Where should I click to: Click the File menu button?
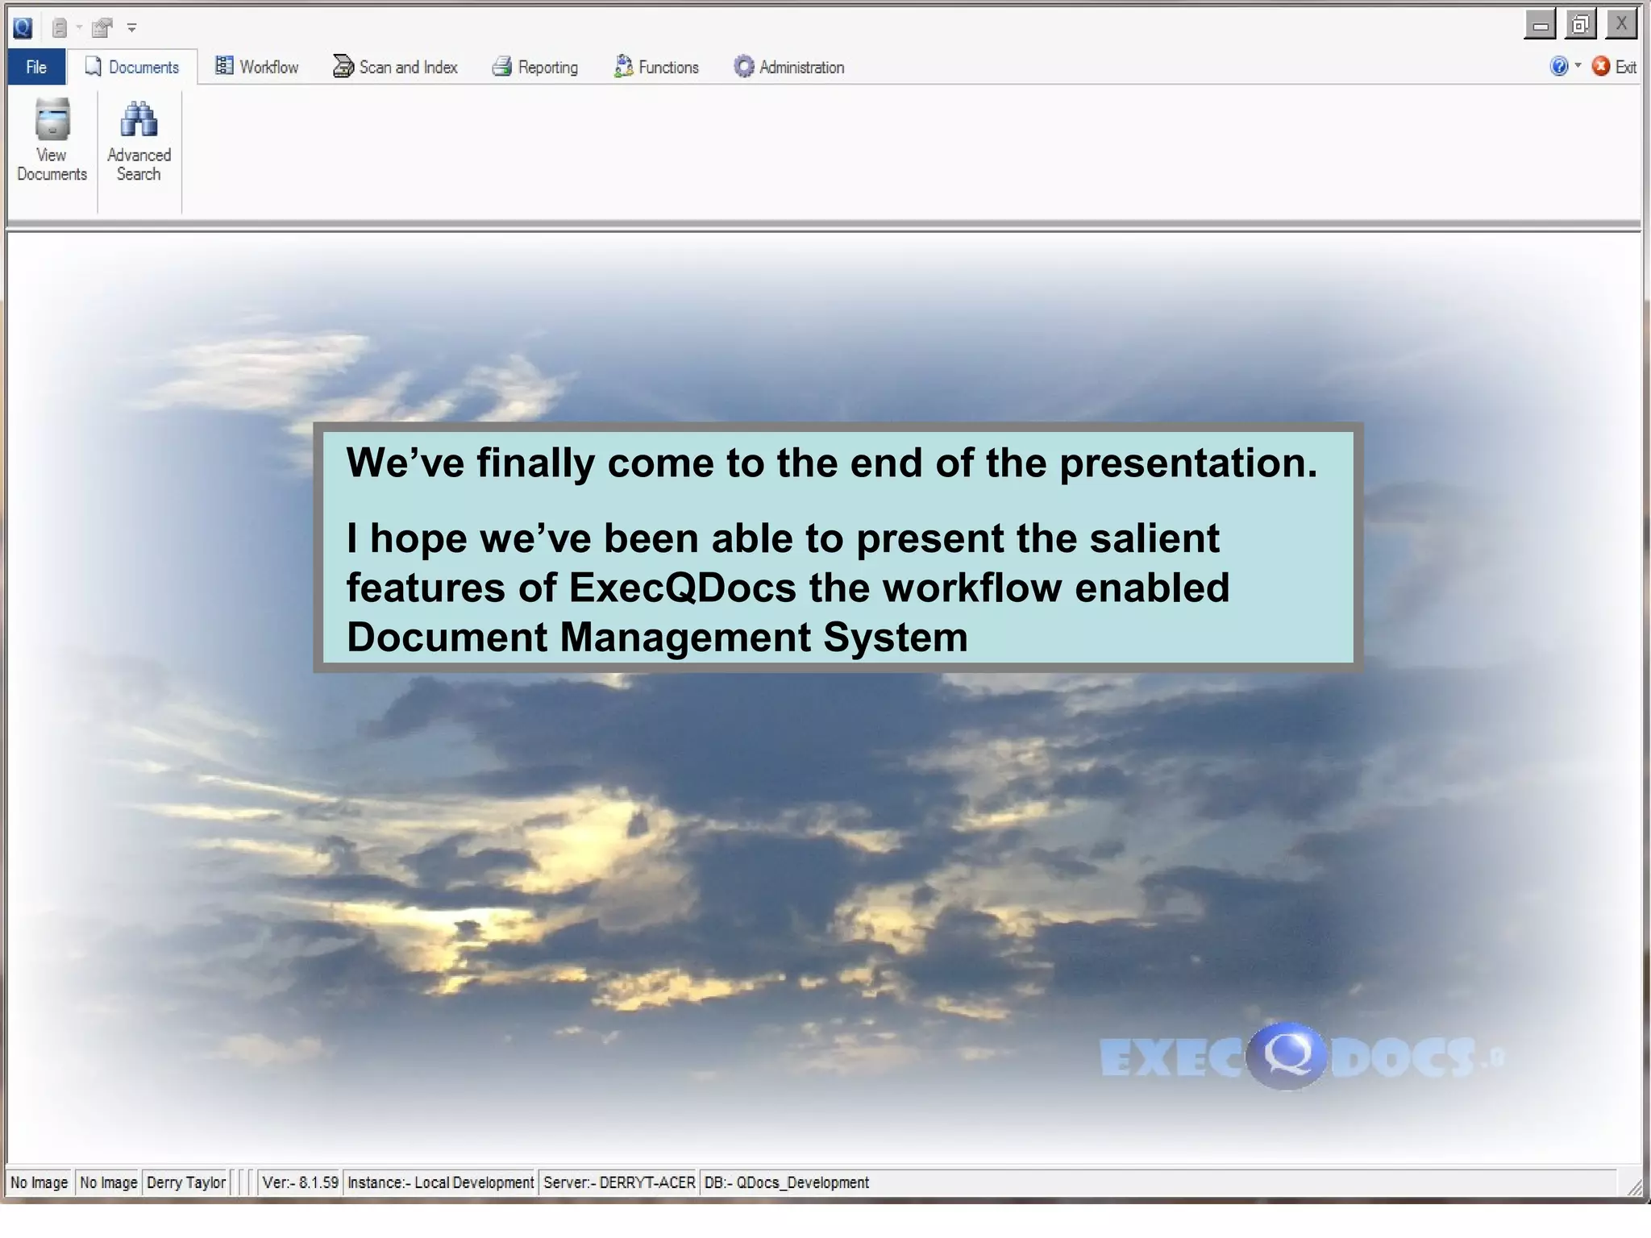point(36,67)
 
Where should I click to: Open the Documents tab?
point(133,67)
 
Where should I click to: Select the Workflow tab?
point(257,67)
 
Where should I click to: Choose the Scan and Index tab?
point(395,67)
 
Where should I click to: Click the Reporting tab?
point(535,67)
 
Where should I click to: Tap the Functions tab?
point(656,67)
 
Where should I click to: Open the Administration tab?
point(789,67)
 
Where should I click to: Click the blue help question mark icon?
point(1558,66)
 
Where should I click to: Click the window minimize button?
point(1540,25)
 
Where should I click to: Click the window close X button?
point(1620,24)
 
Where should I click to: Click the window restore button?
point(1580,25)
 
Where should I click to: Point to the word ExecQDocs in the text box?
point(682,588)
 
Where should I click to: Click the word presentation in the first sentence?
point(1187,463)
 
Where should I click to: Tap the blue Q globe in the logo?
point(1286,1055)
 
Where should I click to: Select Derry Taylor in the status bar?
point(186,1182)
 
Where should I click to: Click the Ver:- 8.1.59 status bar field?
point(300,1182)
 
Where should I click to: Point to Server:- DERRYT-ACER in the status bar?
point(618,1182)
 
